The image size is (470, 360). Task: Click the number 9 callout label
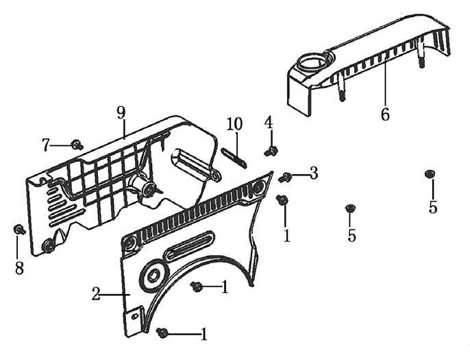[x=121, y=112]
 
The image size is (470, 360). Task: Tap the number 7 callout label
[x=46, y=145]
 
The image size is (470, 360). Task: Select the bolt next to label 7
[x=77, y=145]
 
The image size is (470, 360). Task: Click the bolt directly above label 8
[x=19, y=230]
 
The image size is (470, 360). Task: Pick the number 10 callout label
[x=234, y=124]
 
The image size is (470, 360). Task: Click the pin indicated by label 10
[x=234, y=158]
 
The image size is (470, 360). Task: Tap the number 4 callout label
[x=269, y=122]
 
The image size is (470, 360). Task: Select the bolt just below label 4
[x=271, y=150]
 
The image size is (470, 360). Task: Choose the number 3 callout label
[x=314, y=173]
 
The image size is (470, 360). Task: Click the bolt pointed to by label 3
[x=286, y=178]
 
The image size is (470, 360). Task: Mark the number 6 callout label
[x=385, y=115]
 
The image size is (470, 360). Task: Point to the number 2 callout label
[x=96, y=294]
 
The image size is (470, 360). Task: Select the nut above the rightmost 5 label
[x=430, y=174]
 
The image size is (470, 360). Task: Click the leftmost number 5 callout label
[x=351, y=235]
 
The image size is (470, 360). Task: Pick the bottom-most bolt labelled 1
[x=162, y=333]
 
